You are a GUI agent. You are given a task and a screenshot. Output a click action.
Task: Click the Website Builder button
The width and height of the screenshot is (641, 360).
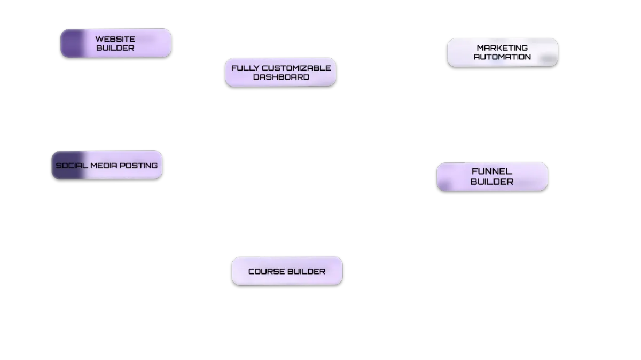coord(116,43)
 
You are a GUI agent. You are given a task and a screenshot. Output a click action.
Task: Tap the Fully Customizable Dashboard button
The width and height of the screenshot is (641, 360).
coord(280,72)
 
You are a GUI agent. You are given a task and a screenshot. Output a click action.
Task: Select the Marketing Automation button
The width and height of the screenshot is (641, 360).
coord(502,52)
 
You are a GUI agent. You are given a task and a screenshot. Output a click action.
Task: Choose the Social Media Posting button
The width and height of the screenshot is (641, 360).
coord(107,166)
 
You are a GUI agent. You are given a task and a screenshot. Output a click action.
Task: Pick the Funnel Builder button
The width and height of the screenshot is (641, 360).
coord(492,176)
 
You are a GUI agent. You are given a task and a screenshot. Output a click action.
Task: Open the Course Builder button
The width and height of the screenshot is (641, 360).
coord(287,271)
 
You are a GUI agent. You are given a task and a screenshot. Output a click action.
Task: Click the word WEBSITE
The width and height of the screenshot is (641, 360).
coord(115,39)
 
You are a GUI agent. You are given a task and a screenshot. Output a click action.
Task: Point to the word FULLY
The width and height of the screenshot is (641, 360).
coord(242,68)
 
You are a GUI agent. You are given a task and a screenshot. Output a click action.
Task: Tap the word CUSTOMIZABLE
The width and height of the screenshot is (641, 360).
coord(293,68)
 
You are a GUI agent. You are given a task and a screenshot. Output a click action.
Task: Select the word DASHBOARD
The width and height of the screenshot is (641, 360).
coord(281,77)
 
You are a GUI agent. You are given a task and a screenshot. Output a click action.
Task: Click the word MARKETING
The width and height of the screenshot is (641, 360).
coord(502,48)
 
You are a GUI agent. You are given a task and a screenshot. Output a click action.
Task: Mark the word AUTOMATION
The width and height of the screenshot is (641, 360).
coord(502,57)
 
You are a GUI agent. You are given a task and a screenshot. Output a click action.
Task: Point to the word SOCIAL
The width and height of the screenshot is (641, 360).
coord(72,166)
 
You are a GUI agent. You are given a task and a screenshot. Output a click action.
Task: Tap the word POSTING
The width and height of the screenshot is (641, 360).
coord(138,166)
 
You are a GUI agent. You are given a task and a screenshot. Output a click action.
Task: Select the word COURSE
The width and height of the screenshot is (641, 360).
coord(266,271)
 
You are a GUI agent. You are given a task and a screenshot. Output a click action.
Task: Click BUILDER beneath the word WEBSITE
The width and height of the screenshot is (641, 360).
coord(115,48)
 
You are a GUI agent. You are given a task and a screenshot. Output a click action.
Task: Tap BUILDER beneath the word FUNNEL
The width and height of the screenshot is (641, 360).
coord(492,182)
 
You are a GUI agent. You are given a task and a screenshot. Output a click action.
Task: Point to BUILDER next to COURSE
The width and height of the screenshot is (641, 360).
coord(306,271)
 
